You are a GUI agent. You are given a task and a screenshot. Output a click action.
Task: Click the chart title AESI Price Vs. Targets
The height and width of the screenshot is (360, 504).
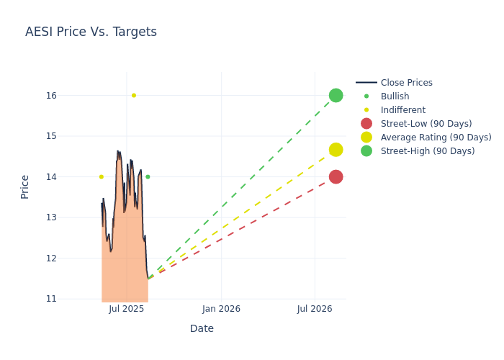coord(91,32)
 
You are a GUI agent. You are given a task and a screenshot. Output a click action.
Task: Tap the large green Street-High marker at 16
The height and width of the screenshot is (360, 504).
coord(336,95)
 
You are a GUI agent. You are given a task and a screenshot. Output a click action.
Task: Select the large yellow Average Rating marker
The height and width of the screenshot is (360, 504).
coord(336,150)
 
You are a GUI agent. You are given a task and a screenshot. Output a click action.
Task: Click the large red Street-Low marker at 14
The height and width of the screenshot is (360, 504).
coord(336,176)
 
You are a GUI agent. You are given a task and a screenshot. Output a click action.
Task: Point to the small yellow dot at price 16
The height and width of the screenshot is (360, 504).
coord(133,95)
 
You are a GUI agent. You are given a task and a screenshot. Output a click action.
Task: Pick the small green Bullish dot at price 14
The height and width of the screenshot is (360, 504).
coord(148,176)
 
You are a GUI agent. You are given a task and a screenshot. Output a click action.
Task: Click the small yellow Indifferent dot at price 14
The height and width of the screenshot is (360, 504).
coord(101,176)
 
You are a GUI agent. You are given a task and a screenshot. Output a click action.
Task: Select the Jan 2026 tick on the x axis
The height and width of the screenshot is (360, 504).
coord(221,309)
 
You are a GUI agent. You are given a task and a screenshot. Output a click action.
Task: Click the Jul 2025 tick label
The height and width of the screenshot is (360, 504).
coord(126,309)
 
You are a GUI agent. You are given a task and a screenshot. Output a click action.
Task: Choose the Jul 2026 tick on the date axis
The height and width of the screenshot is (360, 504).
coord(315,309)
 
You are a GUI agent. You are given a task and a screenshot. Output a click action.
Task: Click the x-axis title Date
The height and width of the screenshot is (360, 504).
coord(202,328)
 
